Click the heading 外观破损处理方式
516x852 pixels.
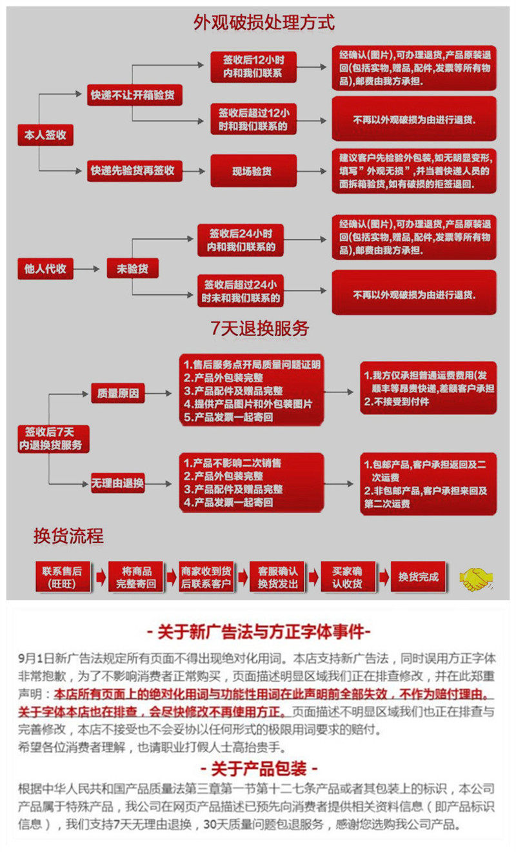(264, 23)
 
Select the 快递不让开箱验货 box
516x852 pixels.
(135, 96)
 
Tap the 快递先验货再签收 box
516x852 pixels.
(135, 171)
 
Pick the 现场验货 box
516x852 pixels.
(253, 171)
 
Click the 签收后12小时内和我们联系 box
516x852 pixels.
(253, 65)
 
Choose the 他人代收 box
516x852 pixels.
(45, 268)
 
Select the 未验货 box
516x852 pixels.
(132, 269)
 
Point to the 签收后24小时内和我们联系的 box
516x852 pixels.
(241, 240)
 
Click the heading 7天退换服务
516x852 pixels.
(260, 329)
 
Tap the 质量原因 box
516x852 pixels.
(118, 392)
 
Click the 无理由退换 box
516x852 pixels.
(118, 483)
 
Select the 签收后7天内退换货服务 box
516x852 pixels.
(54, 439)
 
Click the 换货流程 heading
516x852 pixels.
(68, 536)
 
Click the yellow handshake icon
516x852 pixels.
(476, 578)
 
